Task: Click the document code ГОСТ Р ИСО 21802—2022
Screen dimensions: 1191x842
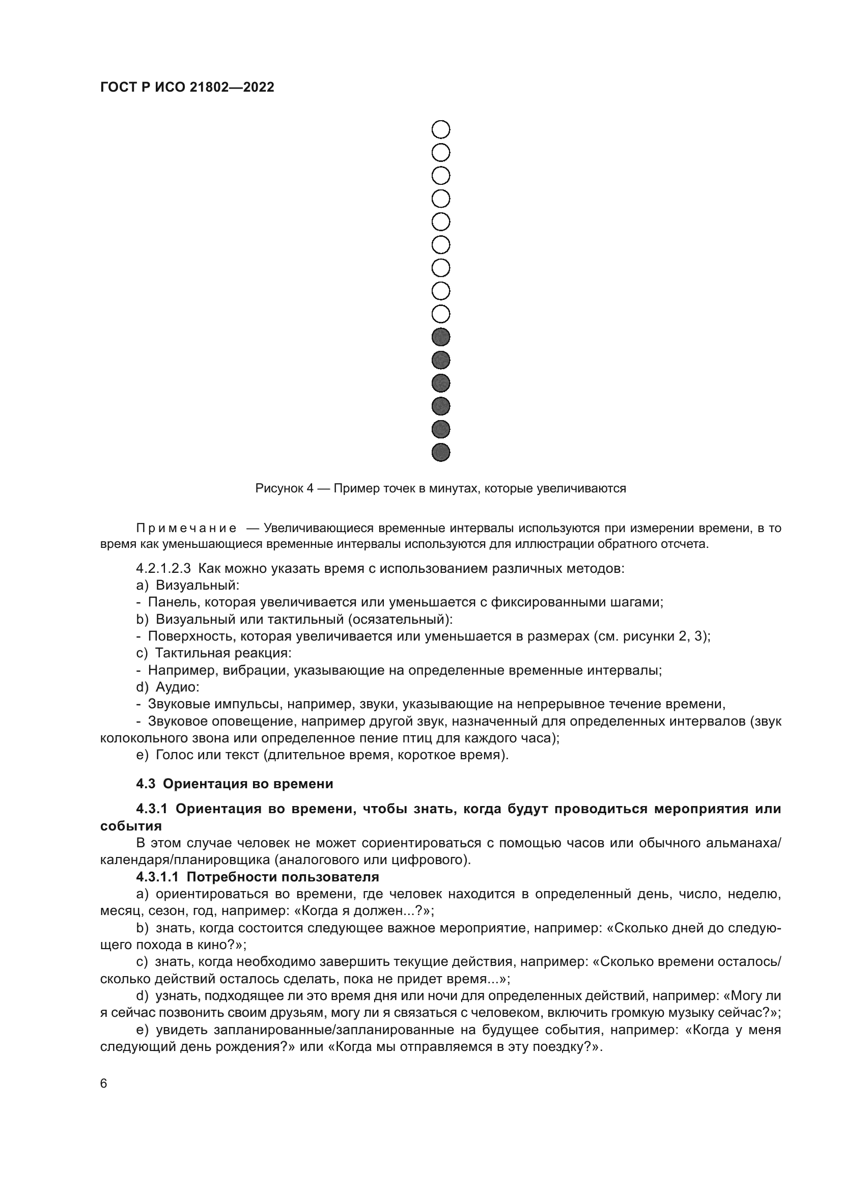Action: (x=187, y=88)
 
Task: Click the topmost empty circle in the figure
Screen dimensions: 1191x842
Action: (x=441, y=130)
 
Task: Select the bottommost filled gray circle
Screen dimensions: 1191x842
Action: (x=441, y=452)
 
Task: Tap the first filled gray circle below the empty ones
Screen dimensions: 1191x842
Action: (x=441, y=337)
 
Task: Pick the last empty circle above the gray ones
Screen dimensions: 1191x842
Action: (x=441, y=314)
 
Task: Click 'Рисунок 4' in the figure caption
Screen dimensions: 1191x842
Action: (x=284, y=488)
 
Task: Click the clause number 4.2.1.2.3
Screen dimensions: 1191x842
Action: (x=163, y=569)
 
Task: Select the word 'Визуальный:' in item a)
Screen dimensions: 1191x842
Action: (x=198, y=586)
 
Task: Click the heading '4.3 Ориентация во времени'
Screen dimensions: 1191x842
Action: (x=234, y=784)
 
